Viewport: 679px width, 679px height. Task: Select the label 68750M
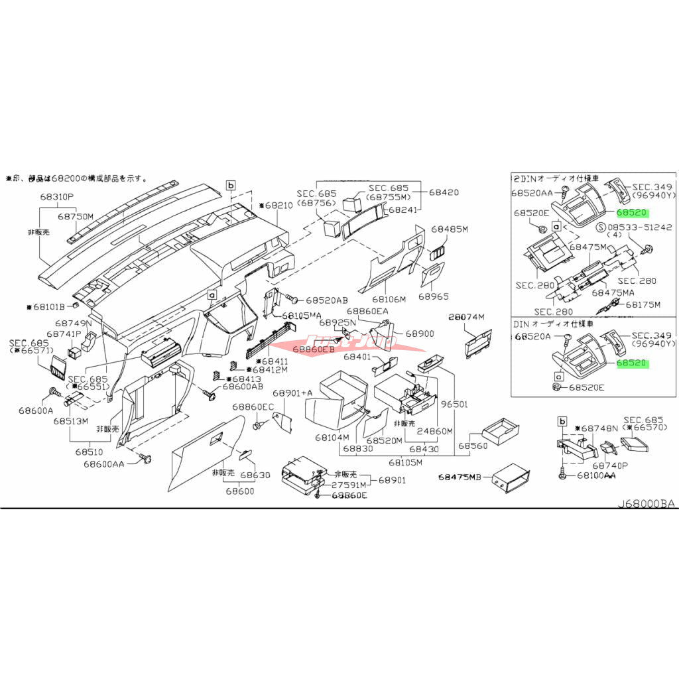pyautogui.click(x=76, y=216)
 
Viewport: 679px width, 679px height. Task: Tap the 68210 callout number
pyautogui.click(x=275, y=206)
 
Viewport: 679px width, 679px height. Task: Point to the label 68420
pyautogui.click(x=444, y=192)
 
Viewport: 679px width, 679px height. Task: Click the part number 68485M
pyautogui.click(x=450, y=229)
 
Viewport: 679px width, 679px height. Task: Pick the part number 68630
pyautogui.click(x=255, y=475)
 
